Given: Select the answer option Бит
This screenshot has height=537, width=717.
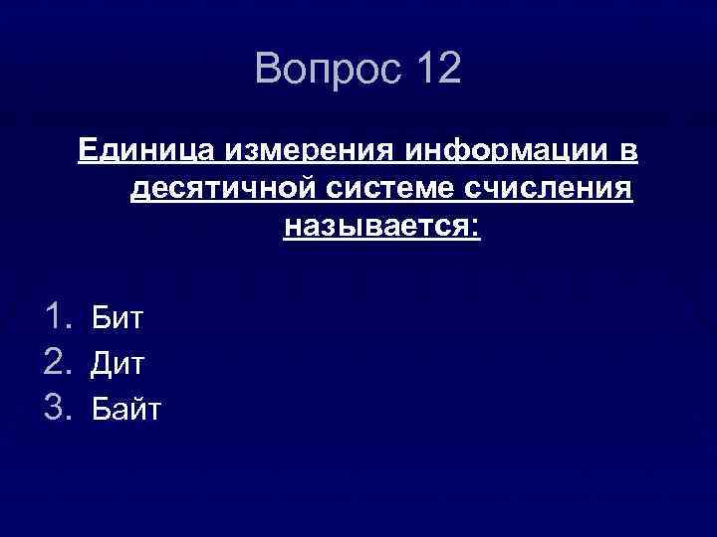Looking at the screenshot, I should (118, 319).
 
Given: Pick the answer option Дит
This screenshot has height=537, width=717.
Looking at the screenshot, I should (118, 364).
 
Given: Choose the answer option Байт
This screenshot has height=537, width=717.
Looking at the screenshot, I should (125, 409).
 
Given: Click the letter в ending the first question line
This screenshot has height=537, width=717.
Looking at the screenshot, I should (631, 152).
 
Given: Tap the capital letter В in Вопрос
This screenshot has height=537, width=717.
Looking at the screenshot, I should (269, 69).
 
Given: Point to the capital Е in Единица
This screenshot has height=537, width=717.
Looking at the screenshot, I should (88, 150).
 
